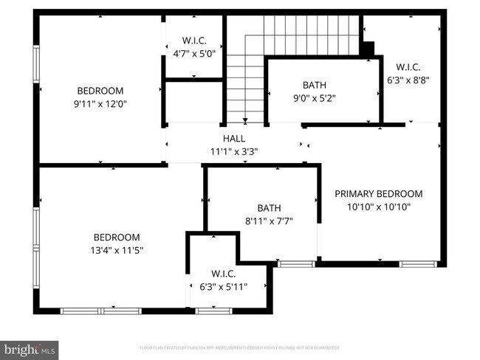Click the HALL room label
point(233,138)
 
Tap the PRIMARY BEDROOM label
point(379,194)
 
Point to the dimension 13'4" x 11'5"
point(116,251)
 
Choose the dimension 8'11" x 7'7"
point(269,221)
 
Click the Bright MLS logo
point(29,347)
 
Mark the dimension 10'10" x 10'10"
point(379,207)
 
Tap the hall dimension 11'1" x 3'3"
point(233,151)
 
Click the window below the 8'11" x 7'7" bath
point(296,263)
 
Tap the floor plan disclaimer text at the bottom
point(240,347)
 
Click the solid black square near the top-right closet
point(367,48)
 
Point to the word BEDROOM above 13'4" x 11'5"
point(116,238)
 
